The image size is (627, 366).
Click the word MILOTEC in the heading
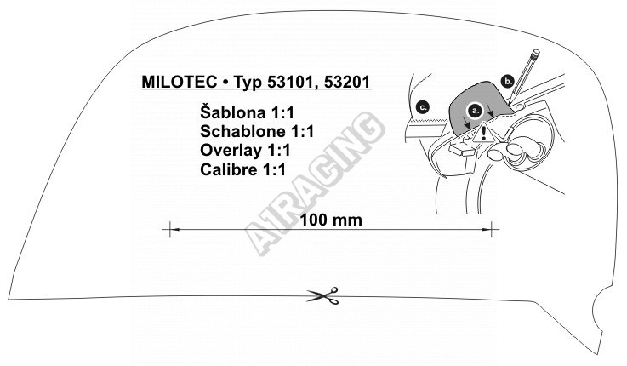coord(180,82)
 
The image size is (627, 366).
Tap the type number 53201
coord(347,82)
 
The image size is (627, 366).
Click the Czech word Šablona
coord(233,112)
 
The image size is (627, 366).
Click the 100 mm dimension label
coord(331,220)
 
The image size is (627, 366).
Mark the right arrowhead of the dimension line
coord(487,229)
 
